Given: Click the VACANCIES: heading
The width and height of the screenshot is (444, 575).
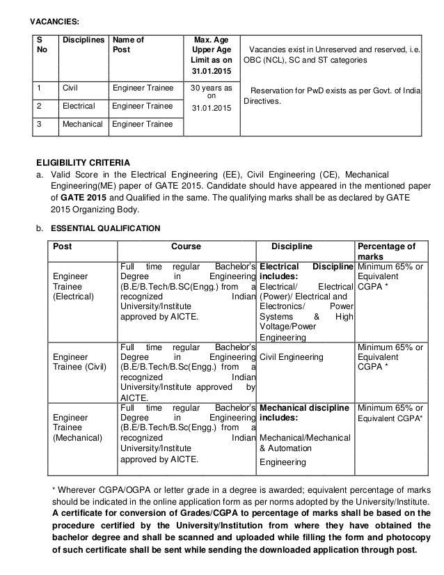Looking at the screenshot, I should pos(48,10).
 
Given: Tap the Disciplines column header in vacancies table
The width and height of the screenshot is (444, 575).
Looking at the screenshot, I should pos(81,40).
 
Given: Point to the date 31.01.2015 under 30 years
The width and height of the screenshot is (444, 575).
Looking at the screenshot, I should pos(210,109).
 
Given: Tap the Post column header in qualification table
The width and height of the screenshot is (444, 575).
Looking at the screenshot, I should pos(63,246).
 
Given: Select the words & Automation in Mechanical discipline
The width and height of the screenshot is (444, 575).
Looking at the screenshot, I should pos(283,449).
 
